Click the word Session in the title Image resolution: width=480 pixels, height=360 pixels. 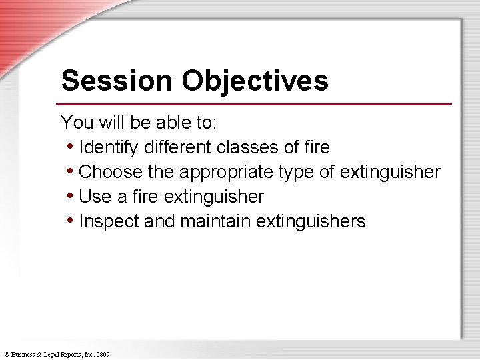click(x=116, y=81)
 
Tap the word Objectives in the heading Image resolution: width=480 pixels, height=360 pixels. click(x=255, y=81)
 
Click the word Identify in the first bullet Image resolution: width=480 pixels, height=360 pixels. click(x=107, y=147)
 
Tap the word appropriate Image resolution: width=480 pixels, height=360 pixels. click(x=226, y=172)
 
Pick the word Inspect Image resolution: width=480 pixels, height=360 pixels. click(x=109, y=221)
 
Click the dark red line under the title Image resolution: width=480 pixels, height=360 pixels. click(x=253, y=104)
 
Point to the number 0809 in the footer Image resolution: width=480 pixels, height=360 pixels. click(x=103, y=355)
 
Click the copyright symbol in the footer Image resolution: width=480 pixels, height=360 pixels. click(x=6, y=355)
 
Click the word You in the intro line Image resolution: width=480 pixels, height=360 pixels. click(x=75, y=122)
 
